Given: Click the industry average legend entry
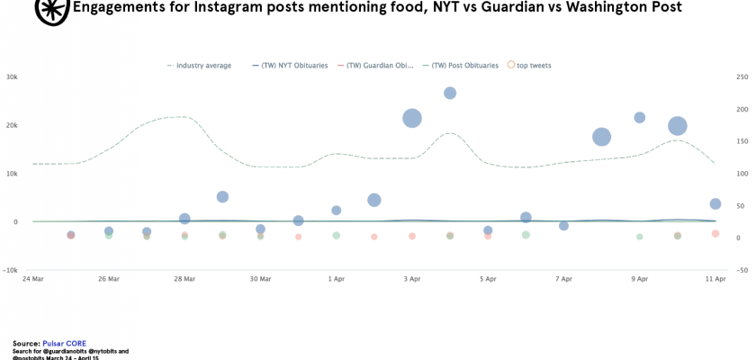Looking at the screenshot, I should [203, 65].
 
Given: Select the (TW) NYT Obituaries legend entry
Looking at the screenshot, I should [289, 65].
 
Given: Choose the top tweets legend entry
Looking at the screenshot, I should [533, 65].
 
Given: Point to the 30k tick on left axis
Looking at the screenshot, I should [12, 77].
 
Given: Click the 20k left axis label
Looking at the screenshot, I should [12, 125].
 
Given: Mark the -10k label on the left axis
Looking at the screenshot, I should [11, 270].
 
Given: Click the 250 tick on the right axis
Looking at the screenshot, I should [742, 77].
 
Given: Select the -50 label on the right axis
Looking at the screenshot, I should [742, 270].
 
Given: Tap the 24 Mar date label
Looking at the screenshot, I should [32, 279].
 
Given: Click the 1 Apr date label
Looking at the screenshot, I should [337, 279].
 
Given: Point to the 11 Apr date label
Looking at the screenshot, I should [715, 279].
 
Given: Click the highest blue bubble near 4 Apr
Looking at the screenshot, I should [450, 93].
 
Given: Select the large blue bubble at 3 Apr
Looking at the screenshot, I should [412, 118].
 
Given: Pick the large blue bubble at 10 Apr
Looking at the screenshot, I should [678, 126].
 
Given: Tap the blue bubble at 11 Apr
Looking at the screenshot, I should [715, 204].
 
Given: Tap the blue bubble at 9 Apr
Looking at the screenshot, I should [640, 118].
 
